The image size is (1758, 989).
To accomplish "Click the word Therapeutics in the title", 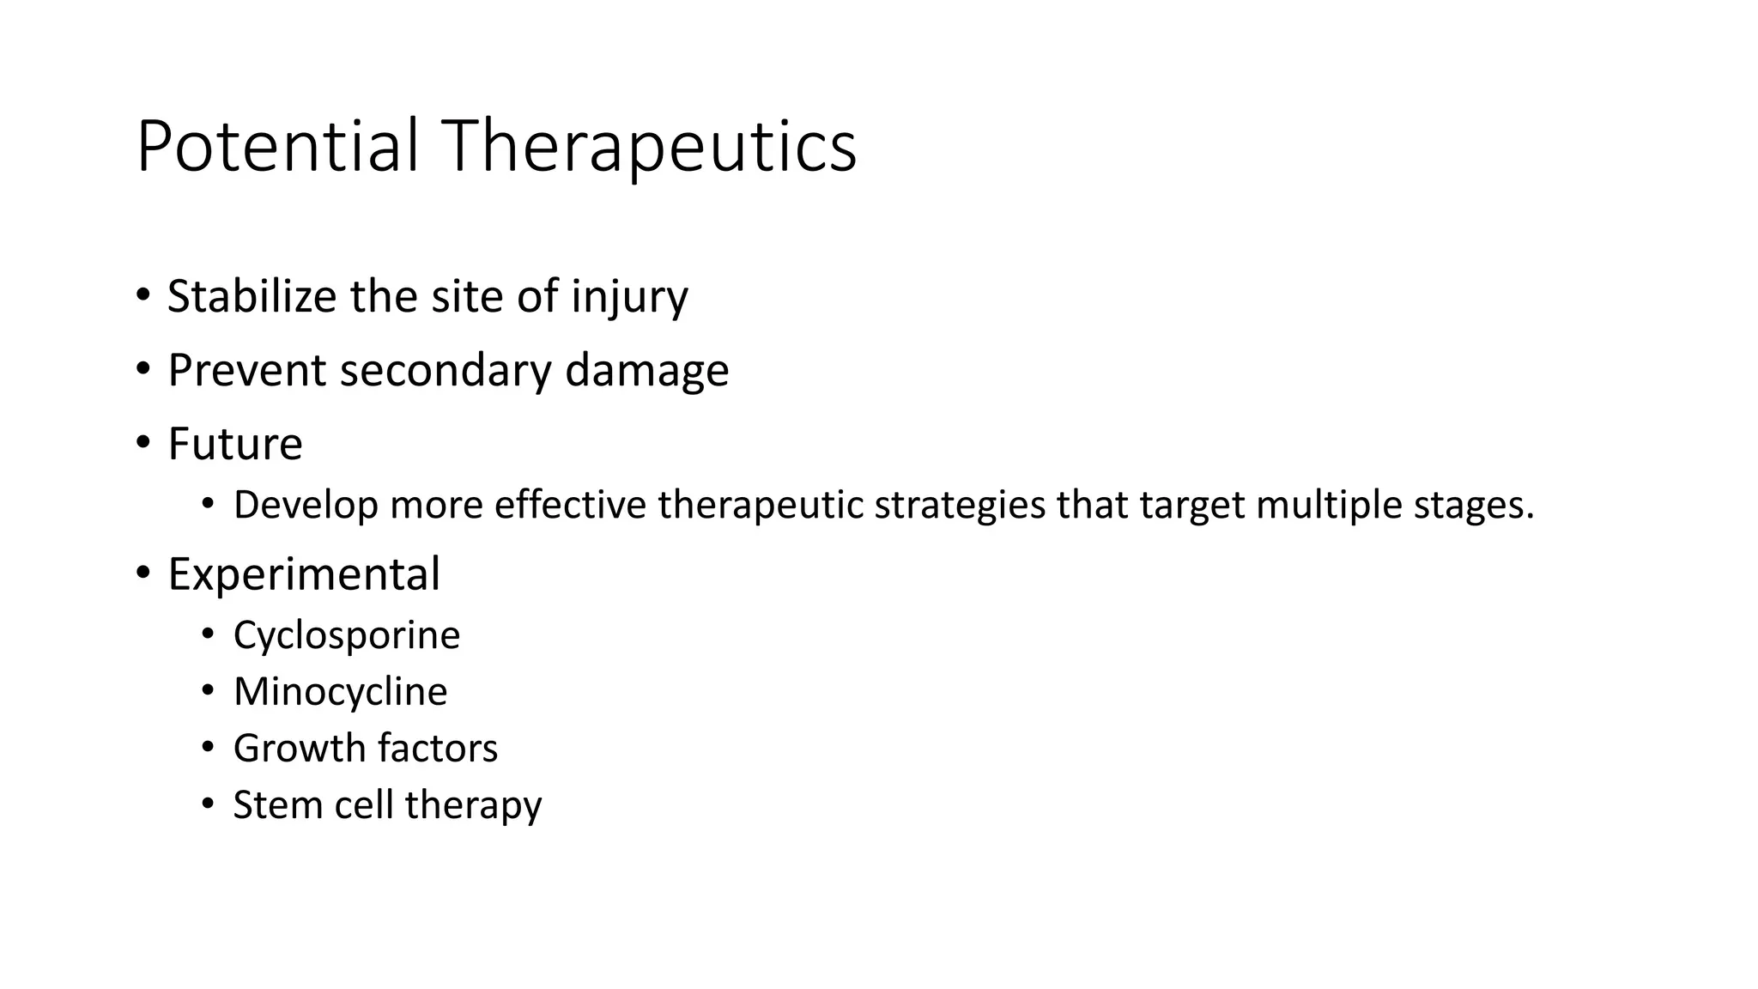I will tap(649, 146).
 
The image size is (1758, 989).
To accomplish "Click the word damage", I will tap(646, 370).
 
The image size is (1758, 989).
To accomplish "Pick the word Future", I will tap(235, 444).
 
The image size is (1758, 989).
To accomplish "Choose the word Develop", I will tap(306, 505).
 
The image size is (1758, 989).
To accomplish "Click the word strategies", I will tap(960, 505).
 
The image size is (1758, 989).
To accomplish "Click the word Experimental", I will tap(304, 573).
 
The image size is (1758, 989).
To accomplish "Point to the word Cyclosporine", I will tap(347, 635).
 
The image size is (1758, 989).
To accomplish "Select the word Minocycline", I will tap(340, 692).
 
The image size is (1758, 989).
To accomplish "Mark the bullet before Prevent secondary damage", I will tap(142, 370).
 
